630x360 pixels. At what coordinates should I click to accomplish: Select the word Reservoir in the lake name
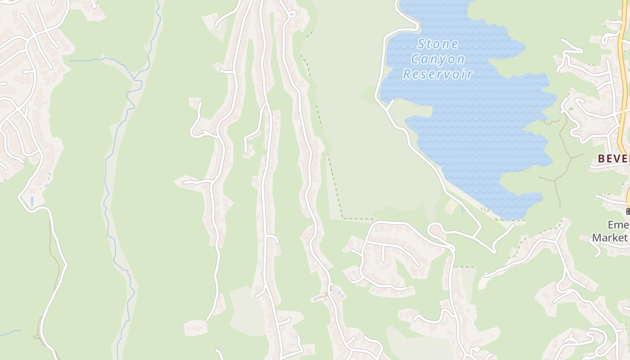(x=437, y=74)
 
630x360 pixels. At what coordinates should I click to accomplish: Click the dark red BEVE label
(x=613, y=158)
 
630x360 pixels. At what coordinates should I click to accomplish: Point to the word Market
(x=609, y=237)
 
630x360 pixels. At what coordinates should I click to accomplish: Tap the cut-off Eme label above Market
(x=617, y=225)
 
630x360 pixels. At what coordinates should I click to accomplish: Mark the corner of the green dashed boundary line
(x=343, y=218)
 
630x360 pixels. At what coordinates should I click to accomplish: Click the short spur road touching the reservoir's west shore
(x=390, y=105)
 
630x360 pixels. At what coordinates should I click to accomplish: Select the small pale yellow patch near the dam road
(x=451, y=207)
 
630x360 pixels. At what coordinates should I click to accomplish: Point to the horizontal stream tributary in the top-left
(x=90, y=60)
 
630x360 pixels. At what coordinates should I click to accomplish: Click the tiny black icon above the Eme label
(x=628, y=211)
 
